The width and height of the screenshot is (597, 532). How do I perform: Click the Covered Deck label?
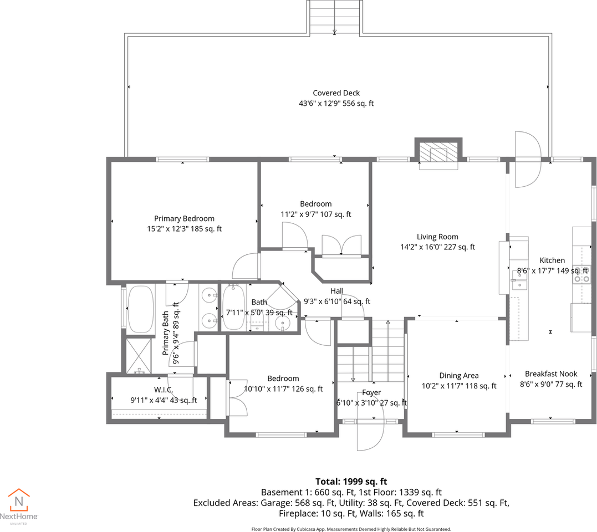[336, 93]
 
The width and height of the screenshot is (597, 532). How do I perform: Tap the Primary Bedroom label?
[184, 218]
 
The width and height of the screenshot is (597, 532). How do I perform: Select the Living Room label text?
[437, 237]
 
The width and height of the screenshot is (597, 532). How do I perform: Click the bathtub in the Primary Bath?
[140, 309]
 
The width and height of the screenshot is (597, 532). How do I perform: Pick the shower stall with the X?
[139, 355]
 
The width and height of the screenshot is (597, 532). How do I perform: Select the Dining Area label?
[459, 376]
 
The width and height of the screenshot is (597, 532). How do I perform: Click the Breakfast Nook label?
[551, 374]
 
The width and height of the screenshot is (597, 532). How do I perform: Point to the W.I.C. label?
[164, 390]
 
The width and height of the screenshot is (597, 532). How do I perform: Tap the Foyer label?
[371, 392]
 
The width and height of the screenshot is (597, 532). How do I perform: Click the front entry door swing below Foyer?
[370, 436]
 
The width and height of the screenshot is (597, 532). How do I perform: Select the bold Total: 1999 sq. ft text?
[351, 482]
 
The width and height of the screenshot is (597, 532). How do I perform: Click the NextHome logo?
[19, 507]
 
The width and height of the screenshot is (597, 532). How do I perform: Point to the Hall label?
[337, 291]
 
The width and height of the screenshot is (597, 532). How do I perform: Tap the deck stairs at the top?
[334, 18]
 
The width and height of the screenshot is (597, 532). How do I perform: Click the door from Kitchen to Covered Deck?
[528, 160]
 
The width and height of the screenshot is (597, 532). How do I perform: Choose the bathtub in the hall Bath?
[234, 308]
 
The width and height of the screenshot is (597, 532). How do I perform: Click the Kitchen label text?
[552, 260]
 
